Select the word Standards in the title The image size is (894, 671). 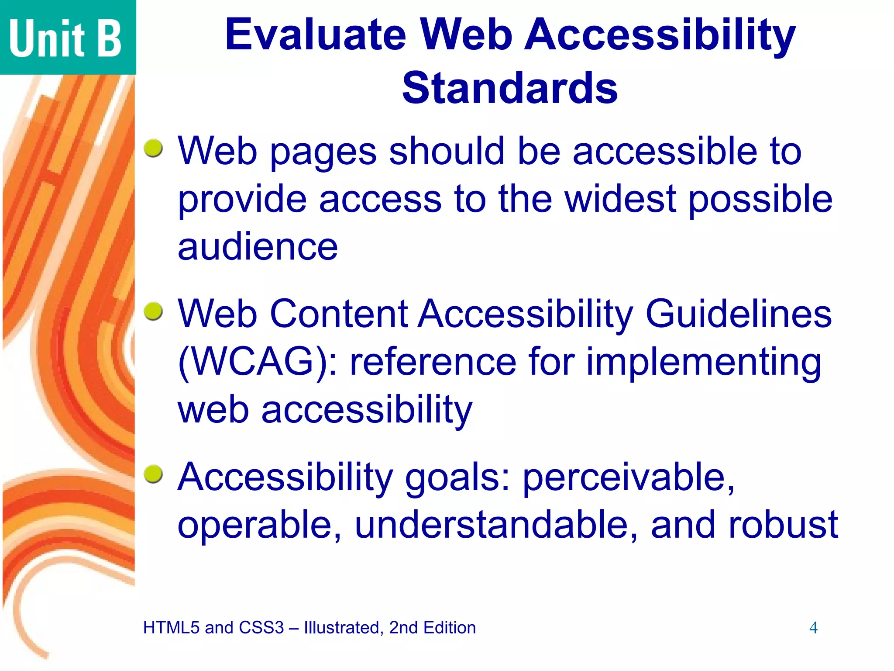[509, 88]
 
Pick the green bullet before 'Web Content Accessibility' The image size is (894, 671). [153, 311]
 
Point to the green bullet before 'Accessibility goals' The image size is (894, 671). [153, 474]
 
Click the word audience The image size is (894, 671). [258, 247]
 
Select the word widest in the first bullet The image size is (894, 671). [620, 199]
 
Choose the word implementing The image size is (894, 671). [703, 363]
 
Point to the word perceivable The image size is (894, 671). [629, 477]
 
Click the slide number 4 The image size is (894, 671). [813, 628]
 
